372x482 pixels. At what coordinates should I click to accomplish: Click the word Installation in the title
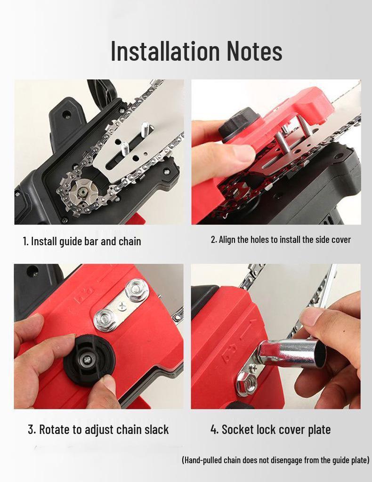165,51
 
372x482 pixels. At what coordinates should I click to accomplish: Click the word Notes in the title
254,51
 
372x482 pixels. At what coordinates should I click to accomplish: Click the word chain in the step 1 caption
130,241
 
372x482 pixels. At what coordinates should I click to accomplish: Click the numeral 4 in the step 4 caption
214,429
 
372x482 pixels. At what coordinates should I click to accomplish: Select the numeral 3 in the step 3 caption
31,429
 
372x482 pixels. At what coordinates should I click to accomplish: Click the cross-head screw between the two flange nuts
122,305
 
